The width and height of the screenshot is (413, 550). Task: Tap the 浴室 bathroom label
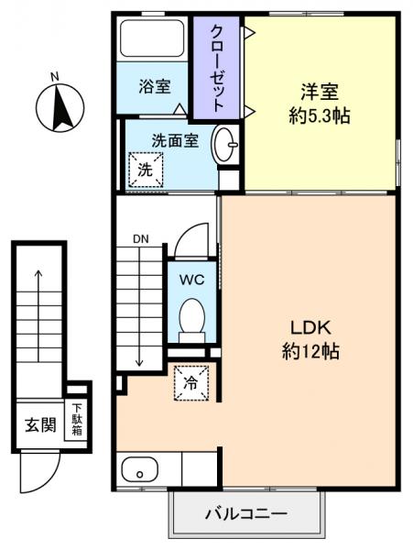tap(154, 88)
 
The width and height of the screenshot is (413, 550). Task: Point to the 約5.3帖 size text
tap(319, 116)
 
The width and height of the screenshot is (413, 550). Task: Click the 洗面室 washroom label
tap(174, 140)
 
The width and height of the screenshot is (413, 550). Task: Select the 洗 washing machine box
tap(146, 169)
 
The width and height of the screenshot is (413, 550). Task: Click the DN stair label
tap(139, 239)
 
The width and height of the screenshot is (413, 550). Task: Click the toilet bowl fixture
tap(192, 321)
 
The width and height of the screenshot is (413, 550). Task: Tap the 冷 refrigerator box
tap(191, 383)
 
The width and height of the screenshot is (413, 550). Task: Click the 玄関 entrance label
tap(39, 424)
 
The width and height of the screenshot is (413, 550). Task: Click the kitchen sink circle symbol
tap(140, 474)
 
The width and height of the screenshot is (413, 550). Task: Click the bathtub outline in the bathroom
tap(153, 41)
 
